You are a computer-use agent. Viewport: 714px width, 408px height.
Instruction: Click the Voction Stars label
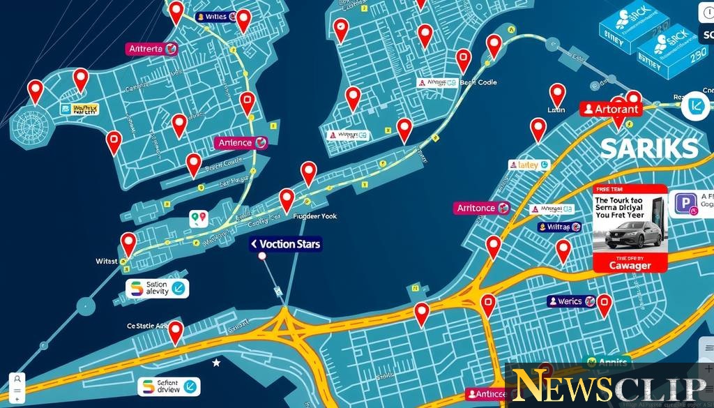click(x=285, y=244)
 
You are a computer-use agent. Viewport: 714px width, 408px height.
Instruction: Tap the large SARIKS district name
click(x=648, y=148)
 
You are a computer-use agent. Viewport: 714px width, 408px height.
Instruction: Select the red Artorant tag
click(x=611, y=109)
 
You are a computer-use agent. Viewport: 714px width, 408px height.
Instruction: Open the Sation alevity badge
click(x=158, y=287)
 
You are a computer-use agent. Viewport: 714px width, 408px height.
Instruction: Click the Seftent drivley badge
click(x=168, y=386)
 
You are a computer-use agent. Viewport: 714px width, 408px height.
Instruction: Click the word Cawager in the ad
click(x=630, y=265)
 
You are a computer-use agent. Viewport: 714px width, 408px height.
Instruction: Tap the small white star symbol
click(x=216, y=363)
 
